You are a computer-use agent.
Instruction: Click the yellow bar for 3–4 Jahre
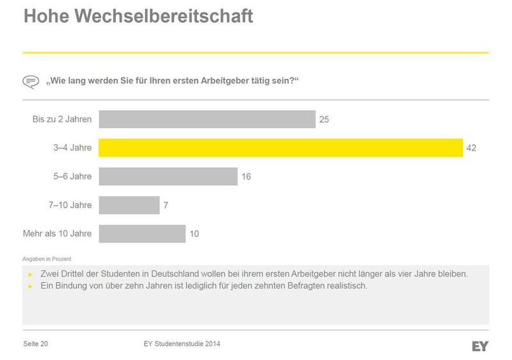click(x=280, y=148)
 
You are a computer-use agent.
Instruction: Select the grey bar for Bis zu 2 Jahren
click(x=207, y=119)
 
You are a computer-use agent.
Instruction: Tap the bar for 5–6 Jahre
click(x=168, y=176)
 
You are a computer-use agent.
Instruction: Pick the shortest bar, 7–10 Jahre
click(x=129, y=205)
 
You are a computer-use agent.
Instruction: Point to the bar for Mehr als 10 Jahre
click(x=142, y=234)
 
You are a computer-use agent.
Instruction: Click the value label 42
click(x=472, y=148)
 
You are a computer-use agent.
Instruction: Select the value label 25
click(x=324, y=119)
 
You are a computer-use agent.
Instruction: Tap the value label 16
click(x=246, y=177)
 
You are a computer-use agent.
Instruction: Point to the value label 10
click(x=194, y=234)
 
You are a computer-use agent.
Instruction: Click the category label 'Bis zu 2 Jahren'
click(x=62, y=119)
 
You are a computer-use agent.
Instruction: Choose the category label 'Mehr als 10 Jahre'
click(x=57, y=234)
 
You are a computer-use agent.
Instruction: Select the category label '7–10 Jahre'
click(x=70, y=205)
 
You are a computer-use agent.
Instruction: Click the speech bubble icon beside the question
click(x=31, y=82)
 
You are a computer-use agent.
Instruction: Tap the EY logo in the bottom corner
click(x=480, y=346)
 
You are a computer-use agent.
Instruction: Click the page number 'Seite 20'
click(x=36, y=344)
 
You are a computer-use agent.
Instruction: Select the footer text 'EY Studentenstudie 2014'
click(x=182, y=344)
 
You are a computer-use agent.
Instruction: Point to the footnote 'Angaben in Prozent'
click(x=46, y=259)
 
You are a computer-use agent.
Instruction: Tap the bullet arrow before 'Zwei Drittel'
click(x=31, y=274)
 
